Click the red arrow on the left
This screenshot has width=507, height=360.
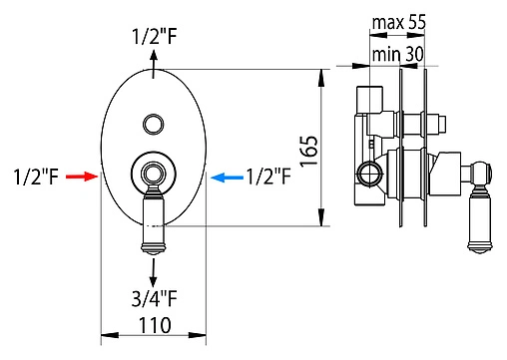pos(82,177)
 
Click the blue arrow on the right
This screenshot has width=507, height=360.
pos(227,178)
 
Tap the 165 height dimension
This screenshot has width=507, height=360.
pos(309,152)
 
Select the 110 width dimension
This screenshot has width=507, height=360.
pos(155,325)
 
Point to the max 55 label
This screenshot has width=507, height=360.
pos(398,22)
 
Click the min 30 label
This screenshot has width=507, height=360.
pos(398,54)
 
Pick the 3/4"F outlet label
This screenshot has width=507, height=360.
pos(155,298)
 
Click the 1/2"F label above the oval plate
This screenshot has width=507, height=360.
pos(155,36)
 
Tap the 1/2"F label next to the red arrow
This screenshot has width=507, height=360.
pos(36,177)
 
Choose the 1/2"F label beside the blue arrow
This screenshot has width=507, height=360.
pos(268,176)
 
